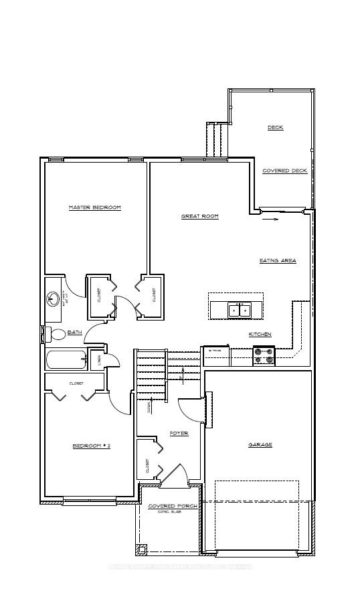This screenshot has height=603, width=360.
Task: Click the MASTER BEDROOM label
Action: [95, 207]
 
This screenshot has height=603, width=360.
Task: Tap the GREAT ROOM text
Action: [200, 216]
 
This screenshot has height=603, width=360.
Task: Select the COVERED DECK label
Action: [284, 171]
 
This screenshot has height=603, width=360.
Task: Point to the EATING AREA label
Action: [278, 260]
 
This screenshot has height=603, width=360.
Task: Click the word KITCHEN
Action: [260, 334]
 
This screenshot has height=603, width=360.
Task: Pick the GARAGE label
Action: [260, 444]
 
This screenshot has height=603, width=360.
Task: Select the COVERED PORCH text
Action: [173, 506]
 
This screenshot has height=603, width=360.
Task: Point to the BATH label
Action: [74, 332]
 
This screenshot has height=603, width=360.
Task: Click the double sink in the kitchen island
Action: [240, 310]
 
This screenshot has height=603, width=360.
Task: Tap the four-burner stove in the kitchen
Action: [263, 355]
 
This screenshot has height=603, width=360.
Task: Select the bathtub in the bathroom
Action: [66, 360]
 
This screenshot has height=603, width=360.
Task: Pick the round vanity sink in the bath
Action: [53, 298]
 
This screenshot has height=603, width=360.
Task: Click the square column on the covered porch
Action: [141, 549]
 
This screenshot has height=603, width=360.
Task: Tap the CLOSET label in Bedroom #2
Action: [76, 383]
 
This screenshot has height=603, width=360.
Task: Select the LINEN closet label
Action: [99, 360]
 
